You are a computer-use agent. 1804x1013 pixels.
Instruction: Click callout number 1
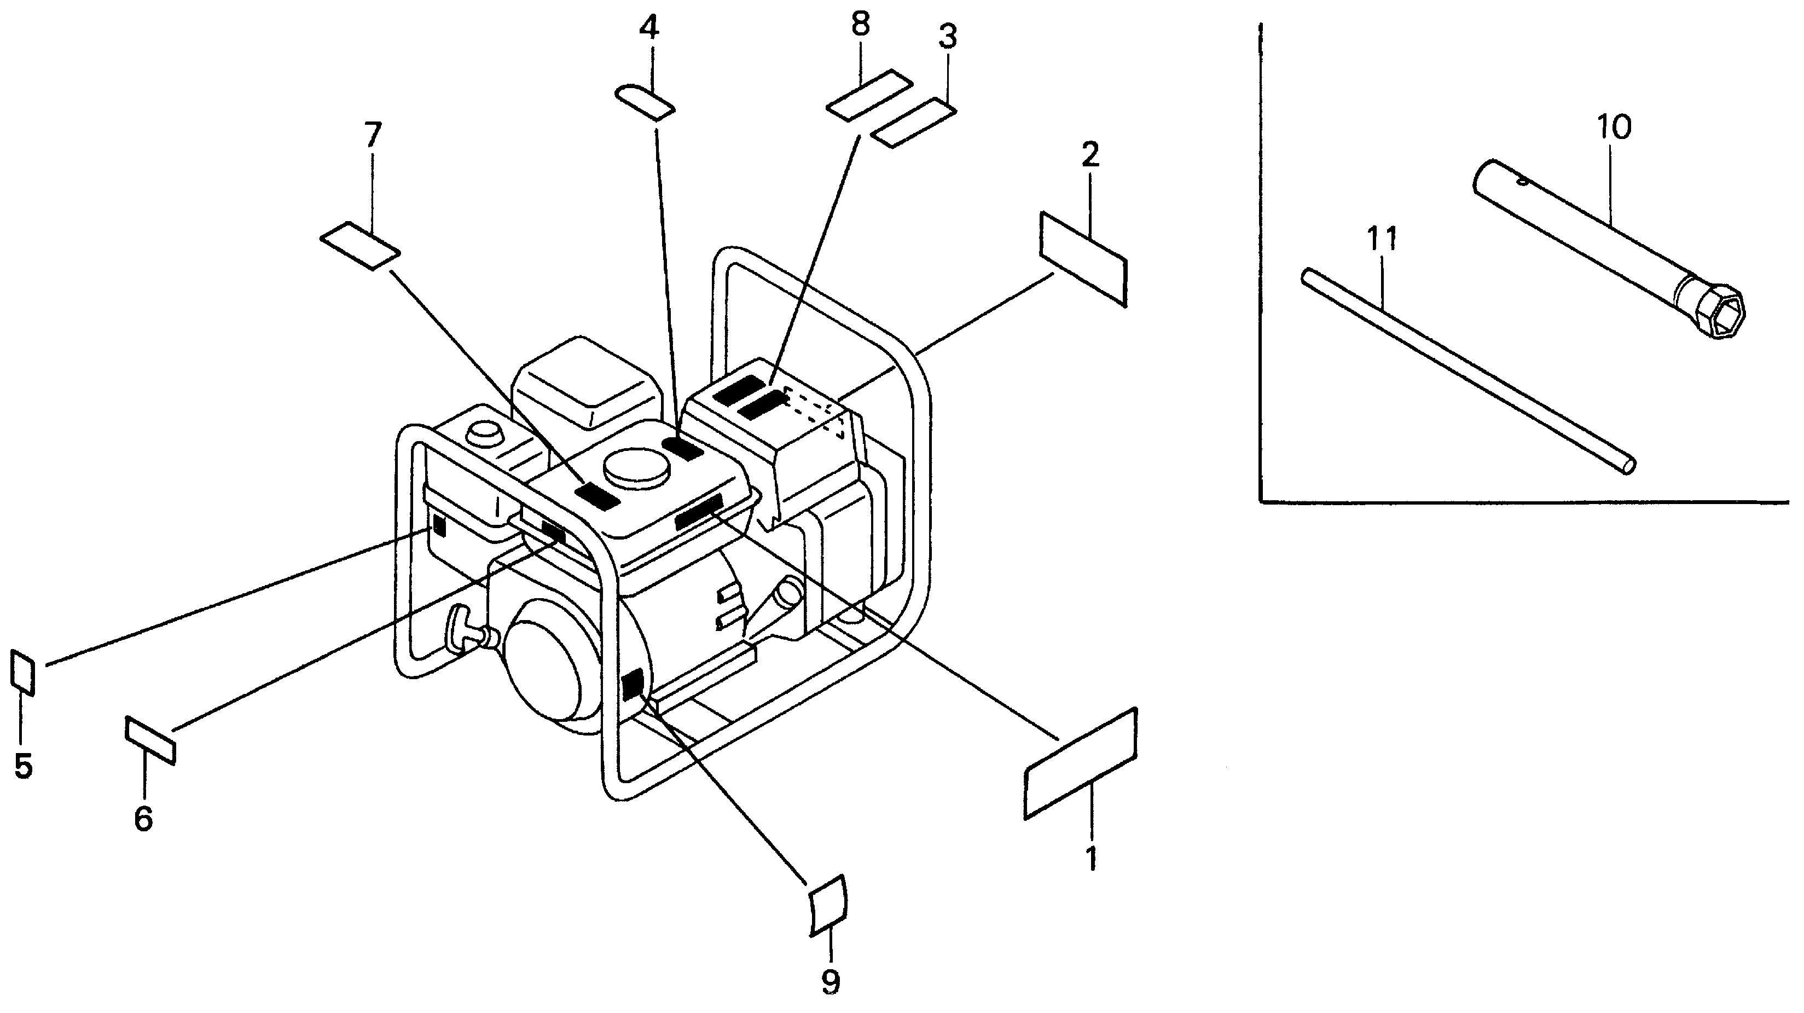[1090, 858]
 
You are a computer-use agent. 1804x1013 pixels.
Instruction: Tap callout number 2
[1090, 155]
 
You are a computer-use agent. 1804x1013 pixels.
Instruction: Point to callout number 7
[373, 135]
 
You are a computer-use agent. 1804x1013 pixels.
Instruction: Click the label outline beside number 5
[22, 671]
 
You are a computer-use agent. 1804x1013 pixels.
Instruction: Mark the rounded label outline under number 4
[645, 102]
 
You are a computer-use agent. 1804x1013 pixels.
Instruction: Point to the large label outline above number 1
[1080, 763]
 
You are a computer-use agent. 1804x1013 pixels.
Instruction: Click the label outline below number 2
[1083, 258]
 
